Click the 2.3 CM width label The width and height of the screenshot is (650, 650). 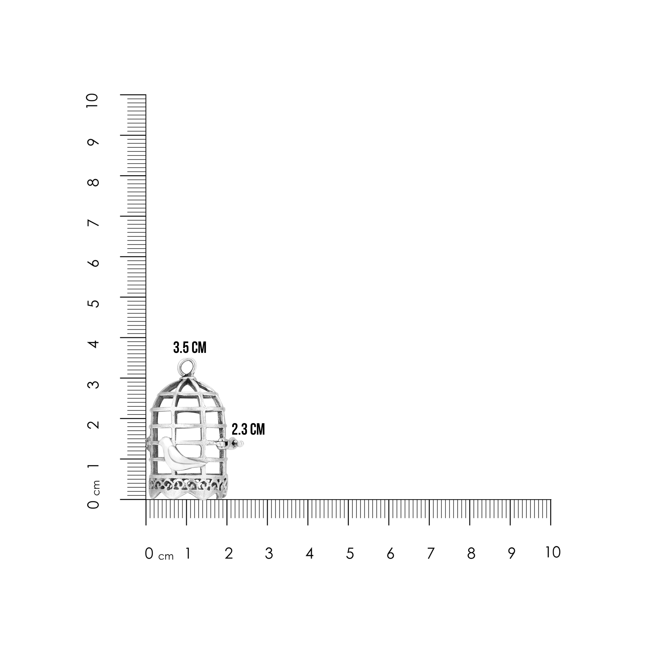click(248, 430)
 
